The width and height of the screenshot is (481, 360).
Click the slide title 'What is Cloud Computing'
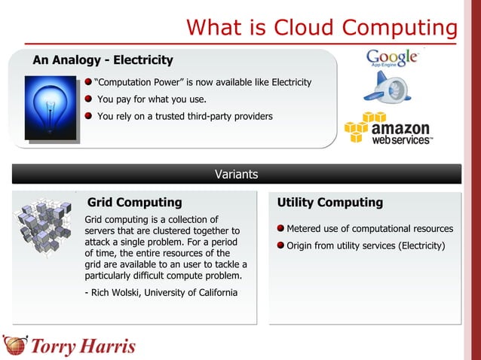[322, 28]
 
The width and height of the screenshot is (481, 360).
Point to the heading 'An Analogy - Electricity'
[103, 60]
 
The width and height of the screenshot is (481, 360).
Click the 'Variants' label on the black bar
[236, 175]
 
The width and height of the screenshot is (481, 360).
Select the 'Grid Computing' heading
[135, 203]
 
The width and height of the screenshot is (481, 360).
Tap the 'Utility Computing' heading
[329, 203]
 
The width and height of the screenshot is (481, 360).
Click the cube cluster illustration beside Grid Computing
[44, 224]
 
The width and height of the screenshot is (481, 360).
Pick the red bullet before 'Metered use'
[280, 229]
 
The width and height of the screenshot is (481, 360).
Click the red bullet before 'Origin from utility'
[280, 246]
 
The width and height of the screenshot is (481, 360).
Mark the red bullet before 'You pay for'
[88, 99]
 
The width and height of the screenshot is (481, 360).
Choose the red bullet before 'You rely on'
[88, 117]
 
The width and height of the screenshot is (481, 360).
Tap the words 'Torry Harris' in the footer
[83, 347]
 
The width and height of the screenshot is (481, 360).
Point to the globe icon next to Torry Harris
[14, 346]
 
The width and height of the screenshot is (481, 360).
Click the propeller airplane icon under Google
[387, 88]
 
